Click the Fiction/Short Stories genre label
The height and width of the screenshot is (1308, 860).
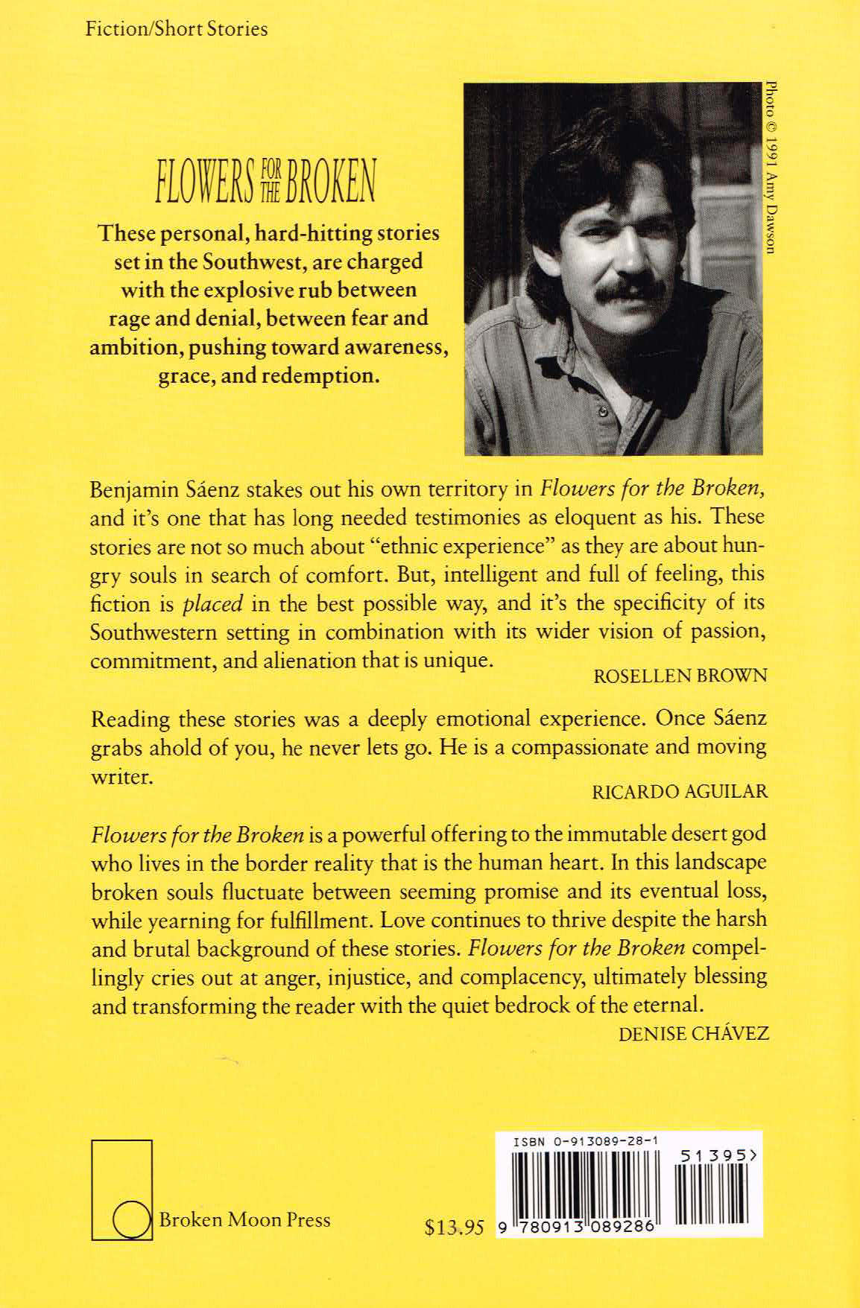click(176, 30)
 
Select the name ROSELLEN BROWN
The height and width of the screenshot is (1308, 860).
click(680, 676)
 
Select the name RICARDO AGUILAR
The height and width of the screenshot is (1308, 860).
click(679, 791)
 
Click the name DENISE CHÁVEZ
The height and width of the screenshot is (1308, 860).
click(693, 1034)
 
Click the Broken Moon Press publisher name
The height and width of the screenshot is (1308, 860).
click(244, 1219)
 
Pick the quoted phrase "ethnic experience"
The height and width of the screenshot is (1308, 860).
click(436, 546)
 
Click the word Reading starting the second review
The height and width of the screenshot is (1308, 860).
click(129, 720)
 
